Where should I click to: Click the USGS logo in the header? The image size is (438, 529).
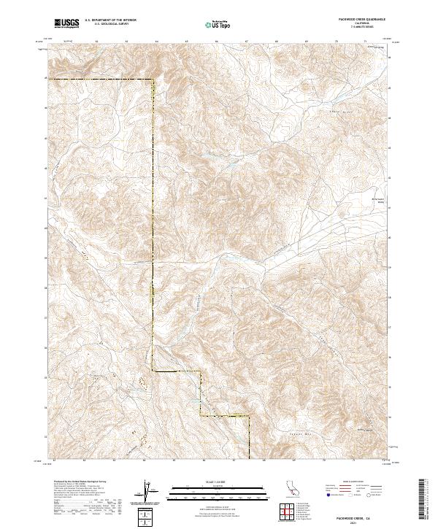[x=66, y=23]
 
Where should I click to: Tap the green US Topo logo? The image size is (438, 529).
[x=218, y=24]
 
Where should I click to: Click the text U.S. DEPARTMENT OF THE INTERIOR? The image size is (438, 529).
[x=110, y=20]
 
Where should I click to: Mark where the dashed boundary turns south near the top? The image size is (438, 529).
[x=153, y=79]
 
